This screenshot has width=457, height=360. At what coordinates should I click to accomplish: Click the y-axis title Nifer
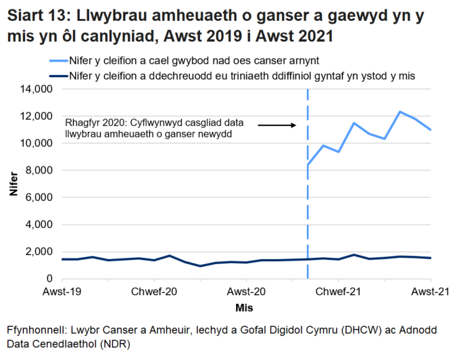point(13,184)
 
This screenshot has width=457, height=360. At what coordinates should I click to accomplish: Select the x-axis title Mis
point(245,308)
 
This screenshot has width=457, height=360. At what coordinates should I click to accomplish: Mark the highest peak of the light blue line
point(400,112)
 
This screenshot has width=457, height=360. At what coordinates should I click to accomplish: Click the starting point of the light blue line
point(308,164)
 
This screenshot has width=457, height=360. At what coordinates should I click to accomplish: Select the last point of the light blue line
point(431,130)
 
